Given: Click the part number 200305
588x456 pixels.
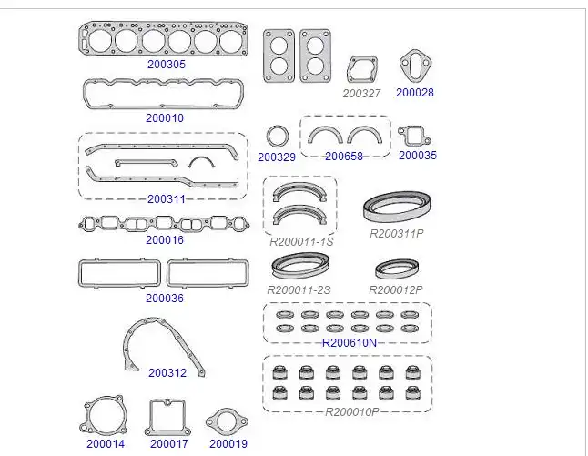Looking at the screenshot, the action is coord(167,65).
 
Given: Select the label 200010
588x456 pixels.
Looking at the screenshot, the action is coord(165,118).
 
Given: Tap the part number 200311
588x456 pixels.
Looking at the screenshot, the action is coord(167,199).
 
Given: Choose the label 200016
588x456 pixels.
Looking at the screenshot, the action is coord(165,240).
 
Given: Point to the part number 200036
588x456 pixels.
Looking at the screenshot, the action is coord(165,299).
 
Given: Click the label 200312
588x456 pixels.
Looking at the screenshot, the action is coord(167,373).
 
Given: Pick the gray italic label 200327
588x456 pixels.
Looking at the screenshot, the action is coord(361,94).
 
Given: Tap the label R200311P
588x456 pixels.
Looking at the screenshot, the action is coord(396,234).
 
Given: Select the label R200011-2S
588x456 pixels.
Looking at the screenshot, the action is coord(299,289).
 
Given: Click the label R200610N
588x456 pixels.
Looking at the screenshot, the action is coord(350,343).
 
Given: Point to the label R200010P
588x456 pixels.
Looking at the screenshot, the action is coord(351,412).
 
